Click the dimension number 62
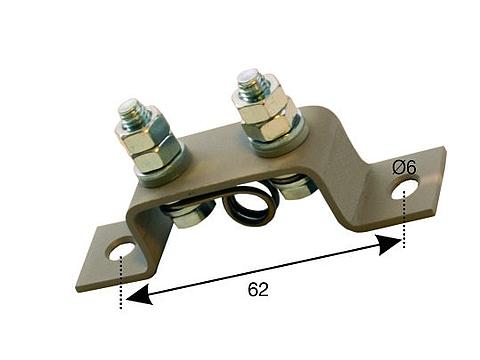pos(257,290)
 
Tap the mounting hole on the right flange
pos(404,188)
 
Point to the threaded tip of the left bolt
pos(133,108)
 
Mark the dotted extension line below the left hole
pos(120,285)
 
